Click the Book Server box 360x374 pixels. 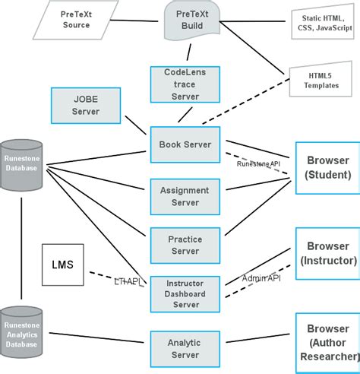click(x=185, y=144)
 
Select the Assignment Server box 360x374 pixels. click(x=185, y=197)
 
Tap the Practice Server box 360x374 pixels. click(x=185, y=245)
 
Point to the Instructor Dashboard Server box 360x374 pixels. click(x=185, y=293)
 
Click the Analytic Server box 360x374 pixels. click(x=185, y=348)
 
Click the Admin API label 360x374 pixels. click(x=261, y=278)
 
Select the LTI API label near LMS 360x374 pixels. click(x=128, y=281)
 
